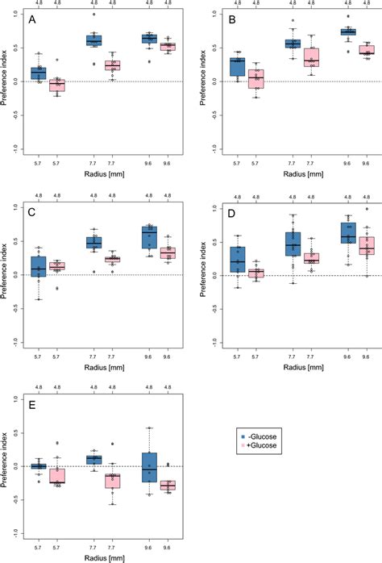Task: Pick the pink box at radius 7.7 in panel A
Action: click(112, 65)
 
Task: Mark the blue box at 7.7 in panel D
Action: click(293, 244)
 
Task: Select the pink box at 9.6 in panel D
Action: click(367, 245)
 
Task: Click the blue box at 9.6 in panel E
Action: click(149, 466)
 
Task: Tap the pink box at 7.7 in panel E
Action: click(112, 481)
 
